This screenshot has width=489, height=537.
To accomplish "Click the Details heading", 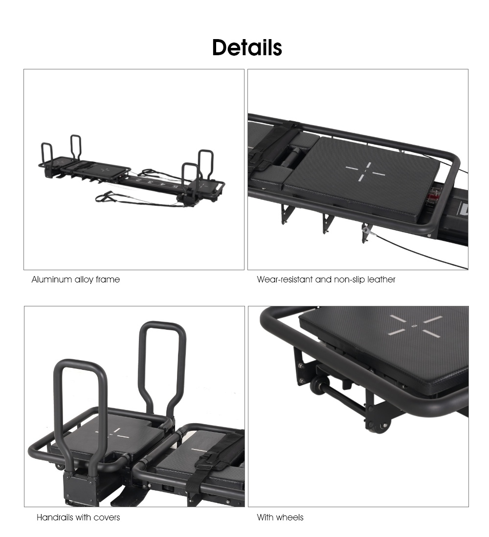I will [247, 48].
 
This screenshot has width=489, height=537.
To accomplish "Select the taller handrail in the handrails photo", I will [162, 362].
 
